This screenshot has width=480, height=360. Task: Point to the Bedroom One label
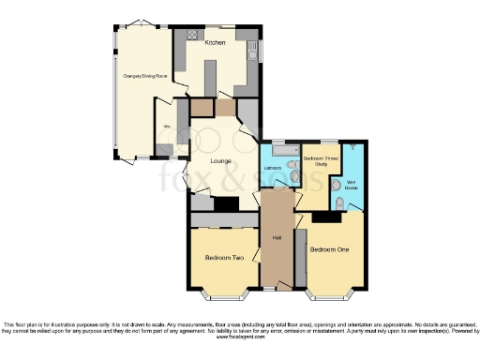click(x=329, y=249)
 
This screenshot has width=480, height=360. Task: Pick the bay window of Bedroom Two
click(x=223, y=294)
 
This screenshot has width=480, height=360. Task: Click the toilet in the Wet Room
click(x=338, y=202)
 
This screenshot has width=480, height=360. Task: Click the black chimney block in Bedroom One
click(x=326, y=217)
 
